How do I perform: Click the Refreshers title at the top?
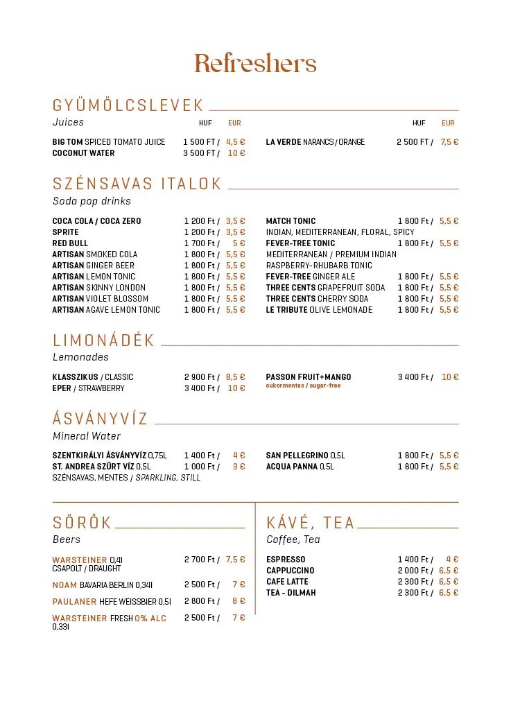255,63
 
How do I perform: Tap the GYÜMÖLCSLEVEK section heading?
128,105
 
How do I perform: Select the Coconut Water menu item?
83,153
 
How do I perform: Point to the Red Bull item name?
70,243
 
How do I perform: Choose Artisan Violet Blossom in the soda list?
100,299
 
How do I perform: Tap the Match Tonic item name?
291,221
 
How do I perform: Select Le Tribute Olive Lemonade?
319,310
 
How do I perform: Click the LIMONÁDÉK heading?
103,340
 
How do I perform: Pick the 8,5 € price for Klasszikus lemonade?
236,377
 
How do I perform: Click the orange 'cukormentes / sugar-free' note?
303,386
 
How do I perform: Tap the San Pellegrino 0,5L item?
305,456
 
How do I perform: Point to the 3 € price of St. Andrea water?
239,467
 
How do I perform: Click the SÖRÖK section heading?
82,523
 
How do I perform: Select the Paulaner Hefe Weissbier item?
112,602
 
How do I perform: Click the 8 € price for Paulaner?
239,602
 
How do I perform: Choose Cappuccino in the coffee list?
290,571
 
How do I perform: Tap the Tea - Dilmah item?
291,593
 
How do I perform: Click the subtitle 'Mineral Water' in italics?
87,436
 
